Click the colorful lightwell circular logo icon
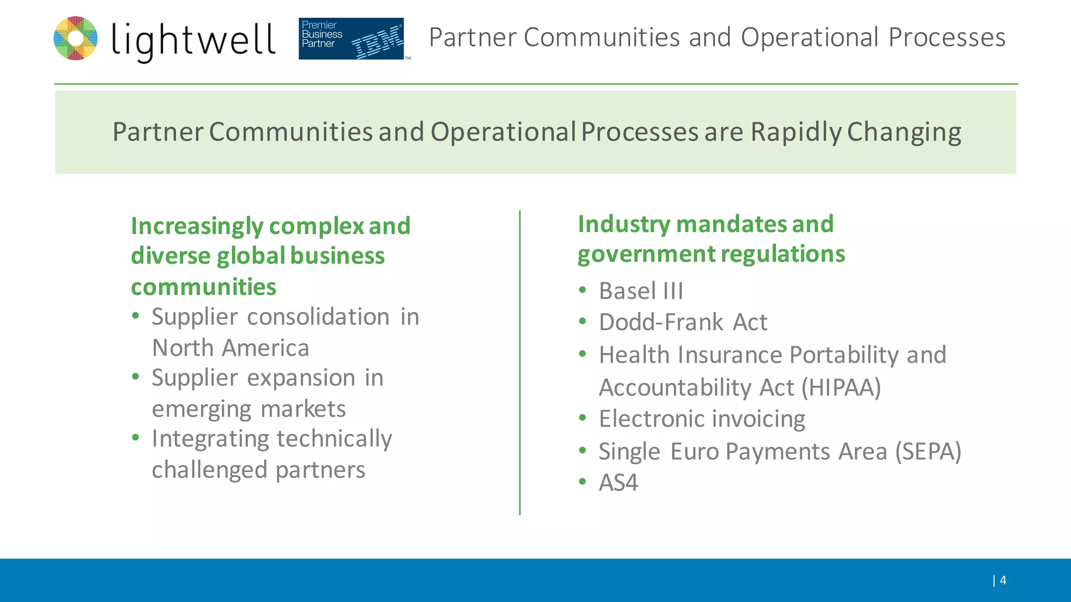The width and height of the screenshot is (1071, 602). [x=76, y=38]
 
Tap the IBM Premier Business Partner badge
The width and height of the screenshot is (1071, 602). [x=351, y=39]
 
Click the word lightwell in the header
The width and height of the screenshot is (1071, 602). [x=193, y=41]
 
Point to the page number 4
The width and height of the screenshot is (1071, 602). [x=1002, y=580]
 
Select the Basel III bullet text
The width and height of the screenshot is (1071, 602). [x=641, y=291]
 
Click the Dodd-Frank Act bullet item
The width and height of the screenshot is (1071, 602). [x=682, y=322]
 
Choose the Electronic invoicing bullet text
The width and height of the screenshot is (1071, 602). [x=702, y=419]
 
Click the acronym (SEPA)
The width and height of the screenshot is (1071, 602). [x=928, y=451]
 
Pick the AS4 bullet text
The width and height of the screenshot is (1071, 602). [x=618, y=483]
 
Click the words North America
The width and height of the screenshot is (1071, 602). [x=230, y=348]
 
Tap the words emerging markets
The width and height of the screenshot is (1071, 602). [x=248, y=409]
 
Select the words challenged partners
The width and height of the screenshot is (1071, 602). [x=258, y=470]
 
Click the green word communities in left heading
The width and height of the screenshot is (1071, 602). [x=203, y=287]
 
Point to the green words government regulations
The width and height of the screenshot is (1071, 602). [x=711, y=254]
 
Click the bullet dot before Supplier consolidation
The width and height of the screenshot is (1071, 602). [x=136, y=316]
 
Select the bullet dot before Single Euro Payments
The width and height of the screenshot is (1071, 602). [x=583, y=450]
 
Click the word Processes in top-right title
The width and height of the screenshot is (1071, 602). [x=947, y=38]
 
